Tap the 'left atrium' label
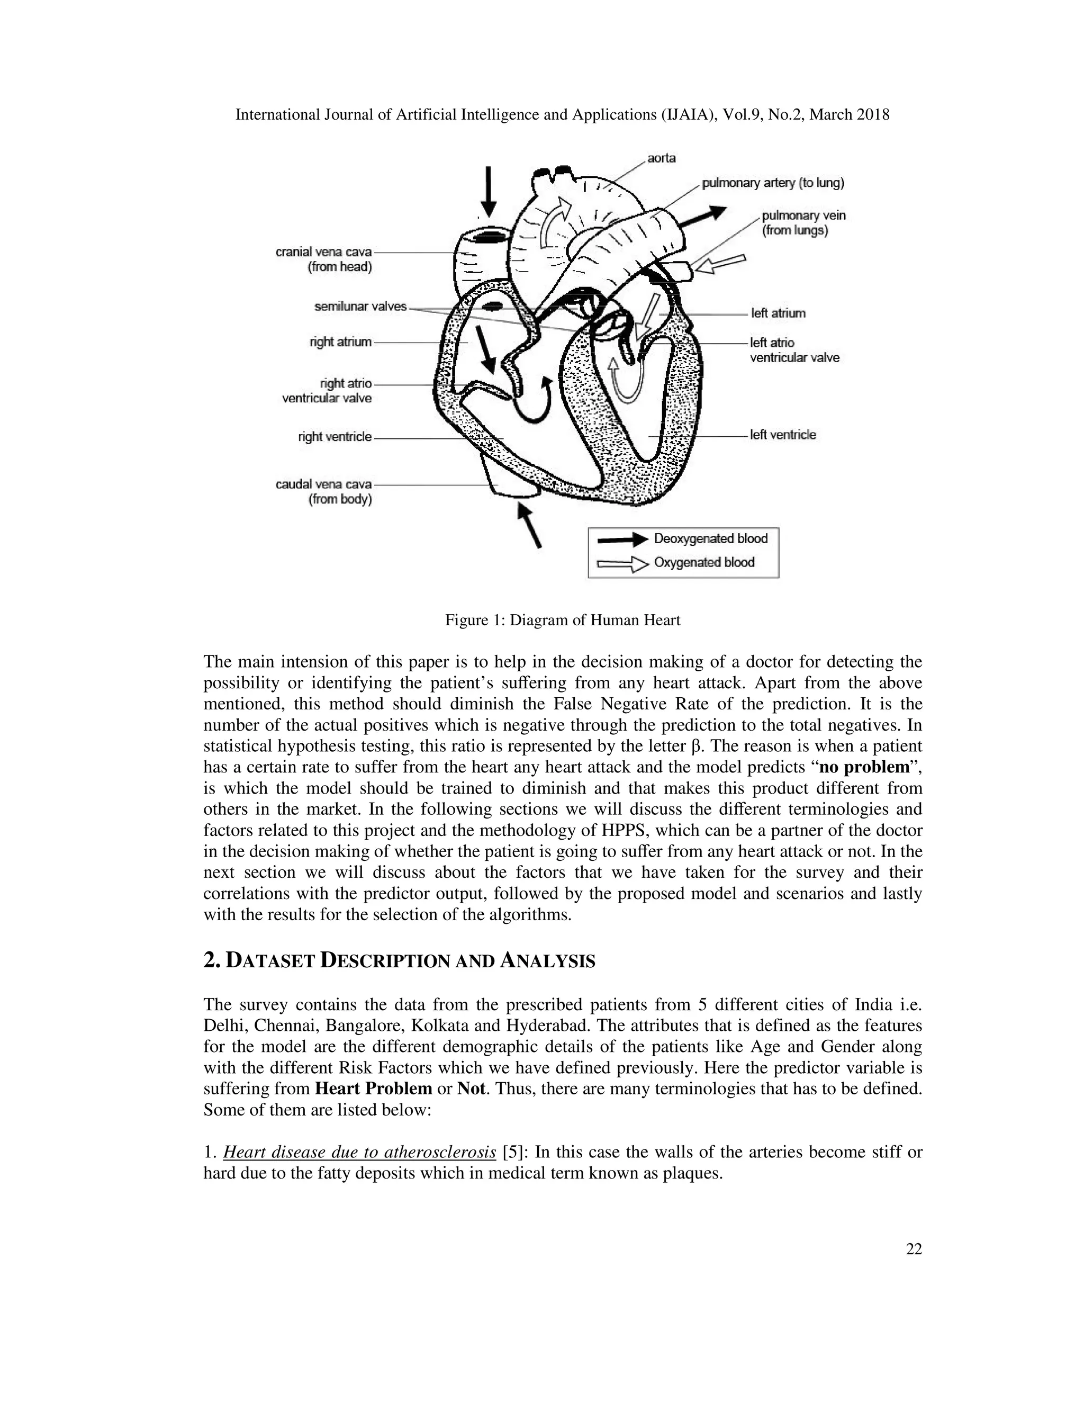(778, 313)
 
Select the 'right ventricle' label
(335, 437)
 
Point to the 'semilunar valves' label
(360, 307)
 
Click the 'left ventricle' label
(783, 435)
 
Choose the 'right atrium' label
(340, 342)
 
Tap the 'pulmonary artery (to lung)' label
(773, 183)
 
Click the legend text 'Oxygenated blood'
(704, 563)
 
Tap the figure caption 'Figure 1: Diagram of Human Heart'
(563, 620)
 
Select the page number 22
(913, 1248)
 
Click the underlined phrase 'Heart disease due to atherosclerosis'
(359, 1153)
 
